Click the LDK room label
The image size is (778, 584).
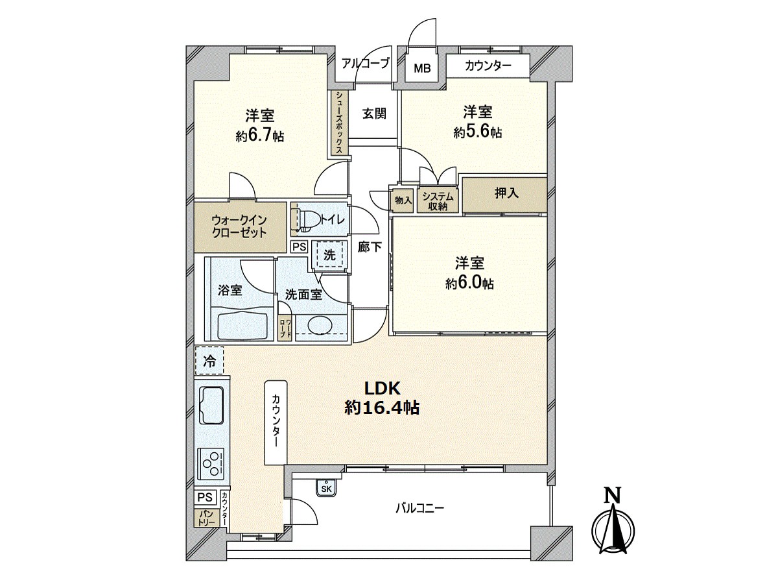383,389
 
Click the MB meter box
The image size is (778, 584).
422,67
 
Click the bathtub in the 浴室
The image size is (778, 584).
242,326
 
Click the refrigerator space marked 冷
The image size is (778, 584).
209,360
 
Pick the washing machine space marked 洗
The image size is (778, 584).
329,255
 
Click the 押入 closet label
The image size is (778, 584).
506,193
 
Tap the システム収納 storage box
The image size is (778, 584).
438,201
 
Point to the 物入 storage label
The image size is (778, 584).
403,201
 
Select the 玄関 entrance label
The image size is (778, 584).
374,114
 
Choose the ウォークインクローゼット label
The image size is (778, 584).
239,227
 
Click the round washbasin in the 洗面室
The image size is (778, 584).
320,325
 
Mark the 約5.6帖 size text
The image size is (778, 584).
478,132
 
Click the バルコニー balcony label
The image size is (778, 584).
419,509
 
